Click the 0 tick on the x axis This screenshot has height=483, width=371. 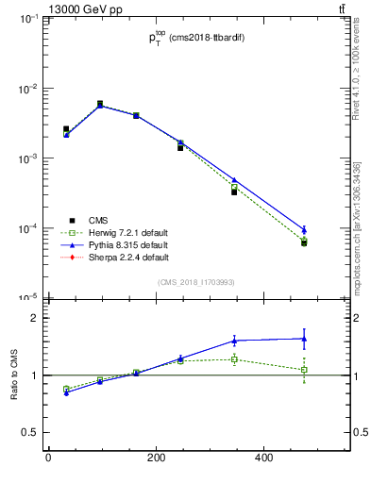48,458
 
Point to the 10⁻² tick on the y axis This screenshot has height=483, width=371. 28,89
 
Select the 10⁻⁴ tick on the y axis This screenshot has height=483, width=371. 28,228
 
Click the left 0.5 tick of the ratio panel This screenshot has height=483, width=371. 26,432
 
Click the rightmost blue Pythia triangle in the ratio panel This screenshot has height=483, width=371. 304,339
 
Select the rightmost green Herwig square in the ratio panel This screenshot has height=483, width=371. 304,370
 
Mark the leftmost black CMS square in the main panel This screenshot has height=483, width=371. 66,129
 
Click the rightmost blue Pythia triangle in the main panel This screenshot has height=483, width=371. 304,229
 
